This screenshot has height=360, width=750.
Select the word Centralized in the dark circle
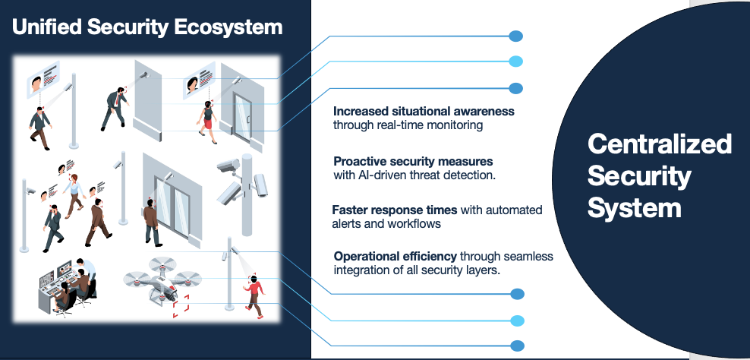click(660, 144)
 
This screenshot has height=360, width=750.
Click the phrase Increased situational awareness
click(424, 111)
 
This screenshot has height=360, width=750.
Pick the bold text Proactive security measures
click(413, 162)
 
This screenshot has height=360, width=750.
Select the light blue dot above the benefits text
click(515, 62)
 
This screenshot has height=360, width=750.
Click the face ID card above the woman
click(196, 81)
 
